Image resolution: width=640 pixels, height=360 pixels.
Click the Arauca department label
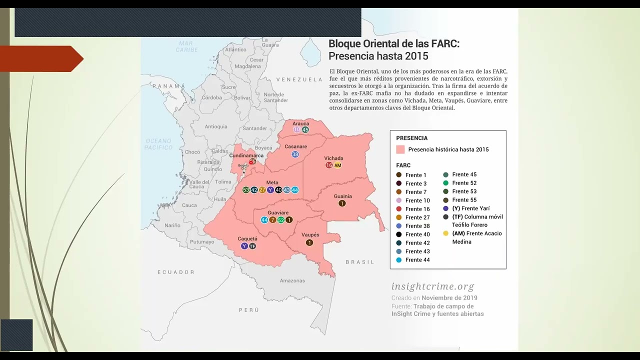[x=300, y=123]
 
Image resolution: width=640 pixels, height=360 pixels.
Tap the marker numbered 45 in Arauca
[x=305, y=130]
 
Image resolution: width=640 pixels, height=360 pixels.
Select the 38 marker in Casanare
[x=295, y=154]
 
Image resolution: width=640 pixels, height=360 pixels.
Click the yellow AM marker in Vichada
[x=337, y=165]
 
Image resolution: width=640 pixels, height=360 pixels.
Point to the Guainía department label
[x=342, y=196]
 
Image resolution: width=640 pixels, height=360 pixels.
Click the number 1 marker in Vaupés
[x=309, y=243]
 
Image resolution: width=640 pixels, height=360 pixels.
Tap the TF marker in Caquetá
[x=252, y=246]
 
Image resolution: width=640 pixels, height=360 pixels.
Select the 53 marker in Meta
[x=245, y=190]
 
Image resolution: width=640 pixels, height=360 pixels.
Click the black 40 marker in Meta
[x=278, y=190]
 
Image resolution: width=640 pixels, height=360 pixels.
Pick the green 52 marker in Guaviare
[x=281, y=220]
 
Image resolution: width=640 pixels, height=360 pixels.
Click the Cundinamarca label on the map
[x=246, y=156]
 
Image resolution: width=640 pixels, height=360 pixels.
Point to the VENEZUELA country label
[x=299, y=79]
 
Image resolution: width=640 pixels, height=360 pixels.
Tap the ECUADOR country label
[x=176, y=272]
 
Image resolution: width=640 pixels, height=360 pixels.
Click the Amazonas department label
[x=292, y=281]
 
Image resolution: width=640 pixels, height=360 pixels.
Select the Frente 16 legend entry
[x=417, y=209]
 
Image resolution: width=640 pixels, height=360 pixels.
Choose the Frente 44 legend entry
[x=417, y=260]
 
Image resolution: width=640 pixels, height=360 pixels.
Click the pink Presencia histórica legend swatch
[x=400, y=149]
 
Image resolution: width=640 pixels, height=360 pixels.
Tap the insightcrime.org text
[x=432, y=286]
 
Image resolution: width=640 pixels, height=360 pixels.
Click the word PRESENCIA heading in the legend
[x=411, y=138]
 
